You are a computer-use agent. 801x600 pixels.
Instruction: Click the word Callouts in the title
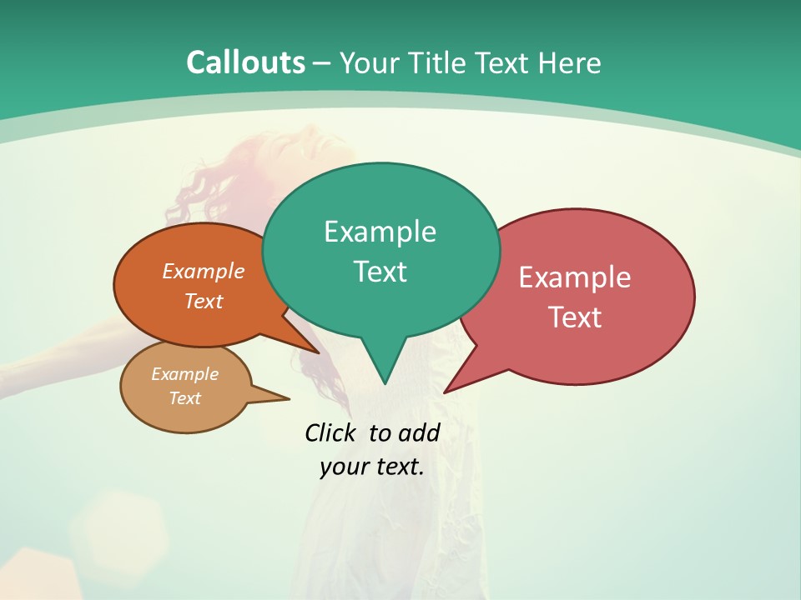(x=245, y=62)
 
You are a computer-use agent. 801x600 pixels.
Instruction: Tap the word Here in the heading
(x=570, y=62)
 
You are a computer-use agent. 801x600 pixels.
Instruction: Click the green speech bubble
(x=380, y=250)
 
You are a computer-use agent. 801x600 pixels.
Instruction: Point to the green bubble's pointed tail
(x=384, y=367)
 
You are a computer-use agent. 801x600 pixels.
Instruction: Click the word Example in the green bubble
(x=380, y=231)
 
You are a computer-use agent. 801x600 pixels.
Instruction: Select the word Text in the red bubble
(x=576, y=317)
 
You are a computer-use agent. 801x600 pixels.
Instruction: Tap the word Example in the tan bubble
(x=185, y=374)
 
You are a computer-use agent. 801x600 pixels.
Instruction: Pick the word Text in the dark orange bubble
(x=204, y=301)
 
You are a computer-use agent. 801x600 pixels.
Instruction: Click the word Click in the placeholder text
(x=330, y=432)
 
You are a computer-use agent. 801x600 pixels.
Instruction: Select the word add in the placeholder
(x=418, y=432)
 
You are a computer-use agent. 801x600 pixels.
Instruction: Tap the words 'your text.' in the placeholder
(x=372, y=466)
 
